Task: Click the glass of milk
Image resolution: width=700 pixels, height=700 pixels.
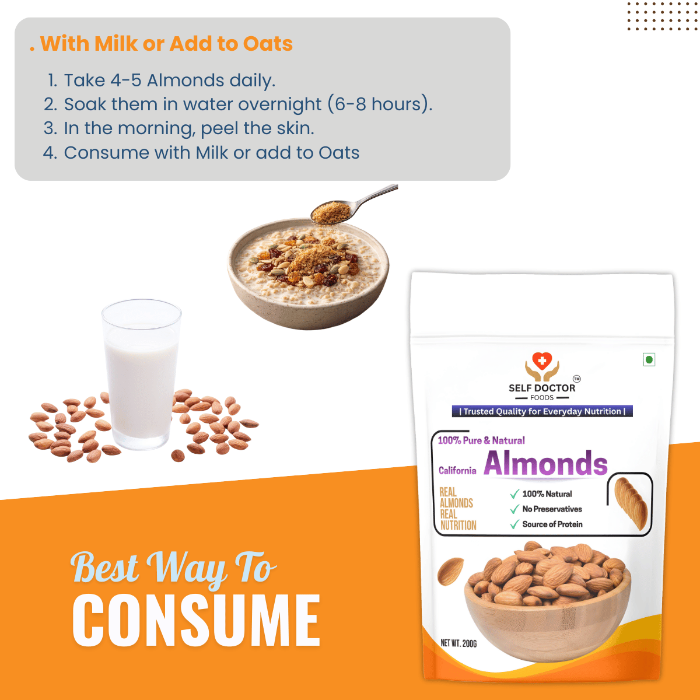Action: [141, 374]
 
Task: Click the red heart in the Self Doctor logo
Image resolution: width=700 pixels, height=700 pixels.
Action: [541, 360]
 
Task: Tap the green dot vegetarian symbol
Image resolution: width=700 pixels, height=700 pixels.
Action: [649, 360]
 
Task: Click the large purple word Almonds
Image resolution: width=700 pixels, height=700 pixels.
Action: [545, 463]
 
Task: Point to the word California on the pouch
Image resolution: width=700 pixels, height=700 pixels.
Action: [457, 470]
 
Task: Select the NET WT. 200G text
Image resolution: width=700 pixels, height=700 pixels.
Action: [459, 643]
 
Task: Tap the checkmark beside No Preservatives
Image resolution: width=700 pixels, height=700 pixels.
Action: [514, 509]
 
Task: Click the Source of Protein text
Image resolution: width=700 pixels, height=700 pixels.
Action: [552, 524]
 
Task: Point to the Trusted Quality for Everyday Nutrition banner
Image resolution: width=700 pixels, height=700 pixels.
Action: [542, 411]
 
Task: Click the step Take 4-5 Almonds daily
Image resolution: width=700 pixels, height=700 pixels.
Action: [162, 80]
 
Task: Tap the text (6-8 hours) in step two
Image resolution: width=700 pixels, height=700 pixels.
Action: [380, 104]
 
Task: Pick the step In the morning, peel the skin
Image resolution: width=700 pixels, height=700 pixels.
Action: [178, 128]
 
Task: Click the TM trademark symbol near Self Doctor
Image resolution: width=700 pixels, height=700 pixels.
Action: [576, 379]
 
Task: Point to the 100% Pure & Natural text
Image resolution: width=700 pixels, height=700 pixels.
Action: [481, 440]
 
